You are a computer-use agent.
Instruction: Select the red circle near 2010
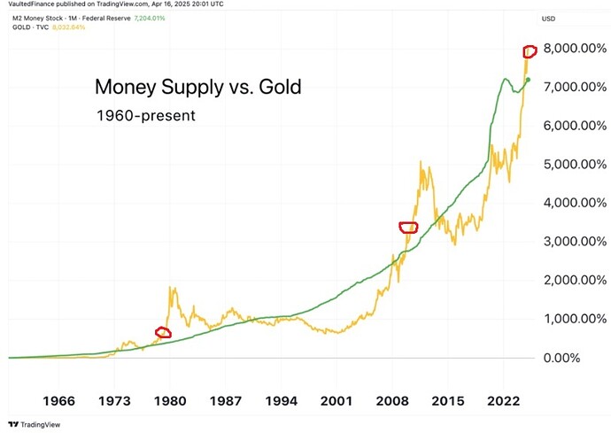click(x=408, y=228)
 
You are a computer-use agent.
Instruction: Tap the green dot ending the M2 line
click(x=529, y=80)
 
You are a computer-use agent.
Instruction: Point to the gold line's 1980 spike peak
click(x=169, y=288)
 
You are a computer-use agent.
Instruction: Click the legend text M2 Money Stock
click(x=39, y=18)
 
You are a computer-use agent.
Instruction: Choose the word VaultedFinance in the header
click(x=29, y=5)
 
